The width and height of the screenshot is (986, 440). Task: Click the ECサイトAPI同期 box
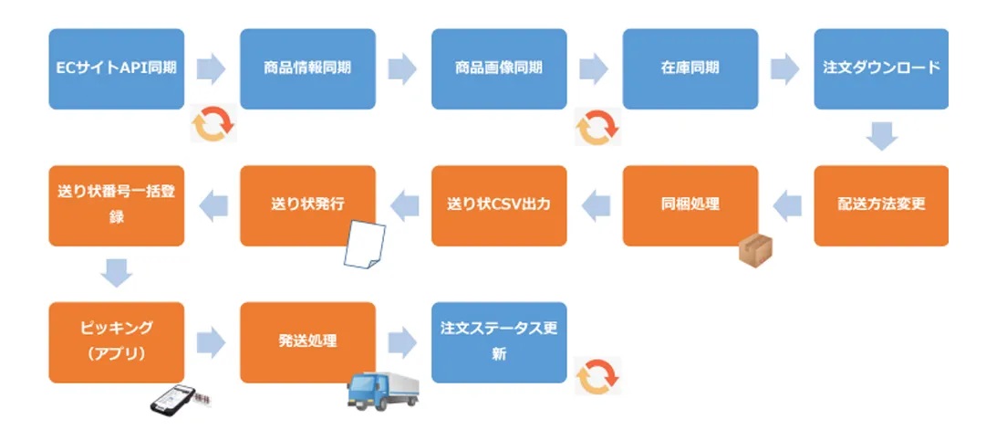click(x=117, y=68)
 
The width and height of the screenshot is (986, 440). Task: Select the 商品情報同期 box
click(x=307, y=68)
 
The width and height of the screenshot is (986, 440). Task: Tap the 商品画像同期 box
click(x=499, y=68)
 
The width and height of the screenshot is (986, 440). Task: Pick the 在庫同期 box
click(x=690, y=68)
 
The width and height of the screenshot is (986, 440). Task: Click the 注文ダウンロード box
click(x=881, y=68)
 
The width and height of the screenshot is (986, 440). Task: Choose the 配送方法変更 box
click(x=881, y=205)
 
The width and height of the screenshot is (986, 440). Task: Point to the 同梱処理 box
click(x=690, y=205)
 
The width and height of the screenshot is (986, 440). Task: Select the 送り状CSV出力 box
click(x=499, y=205)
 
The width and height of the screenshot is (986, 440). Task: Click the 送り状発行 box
click(x=307, y=205)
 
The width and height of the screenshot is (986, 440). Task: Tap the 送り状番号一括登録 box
click(x=117, y=205)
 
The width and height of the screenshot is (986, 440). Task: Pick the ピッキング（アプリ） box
click(x=117, y=342)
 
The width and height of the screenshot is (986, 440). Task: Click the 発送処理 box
click(x=307, y=342)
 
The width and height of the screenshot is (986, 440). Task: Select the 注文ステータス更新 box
click(x=499, y=342)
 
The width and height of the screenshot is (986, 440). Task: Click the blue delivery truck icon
click(x=383, y=391)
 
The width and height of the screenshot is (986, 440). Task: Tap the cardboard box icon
click(x=755, y=251)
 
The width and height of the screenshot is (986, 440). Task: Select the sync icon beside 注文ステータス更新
click(x=598, y=376)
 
